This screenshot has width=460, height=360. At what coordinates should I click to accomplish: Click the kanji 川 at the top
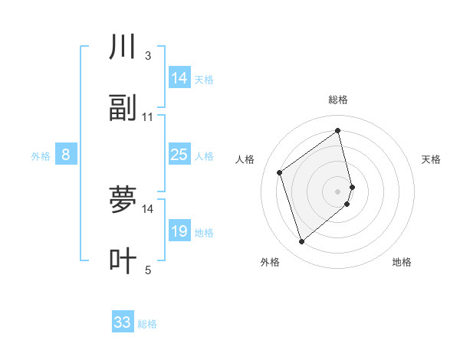click(x=123, y=48)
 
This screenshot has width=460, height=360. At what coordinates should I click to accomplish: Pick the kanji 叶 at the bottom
click(x=123, y=261)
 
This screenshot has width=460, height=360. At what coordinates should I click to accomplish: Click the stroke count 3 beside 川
click(x=148, y=56)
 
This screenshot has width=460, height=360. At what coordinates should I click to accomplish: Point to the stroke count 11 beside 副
click(x=148, y=117)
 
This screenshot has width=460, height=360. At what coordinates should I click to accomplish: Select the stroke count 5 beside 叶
click(x=148, y=270)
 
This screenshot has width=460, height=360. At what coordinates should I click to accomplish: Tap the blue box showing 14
click(x=179, y=78)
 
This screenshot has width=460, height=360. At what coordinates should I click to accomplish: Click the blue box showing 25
click(x=179, y=155)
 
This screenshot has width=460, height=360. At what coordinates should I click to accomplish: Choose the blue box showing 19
click(x=179, y=231)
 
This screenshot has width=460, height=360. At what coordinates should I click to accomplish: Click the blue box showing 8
click(x=66, y=155)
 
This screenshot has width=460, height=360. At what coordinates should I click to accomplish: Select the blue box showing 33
click(x=123, y=322)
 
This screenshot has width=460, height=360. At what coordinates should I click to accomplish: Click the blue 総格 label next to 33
click(x=147, y=324)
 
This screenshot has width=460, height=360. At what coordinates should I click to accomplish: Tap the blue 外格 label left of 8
click(x=41, y=156)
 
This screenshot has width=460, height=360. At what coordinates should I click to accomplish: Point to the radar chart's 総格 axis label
click(x=338, y=100)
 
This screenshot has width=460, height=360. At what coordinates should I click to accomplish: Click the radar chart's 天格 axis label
click(x=432, y=159)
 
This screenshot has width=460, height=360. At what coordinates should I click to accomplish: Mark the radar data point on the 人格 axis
click(x=280, y=172)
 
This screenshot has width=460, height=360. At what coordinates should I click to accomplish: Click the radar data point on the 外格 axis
click(x=302, y=242)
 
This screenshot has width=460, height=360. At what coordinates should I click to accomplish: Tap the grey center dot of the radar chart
click(x=338, y=191)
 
